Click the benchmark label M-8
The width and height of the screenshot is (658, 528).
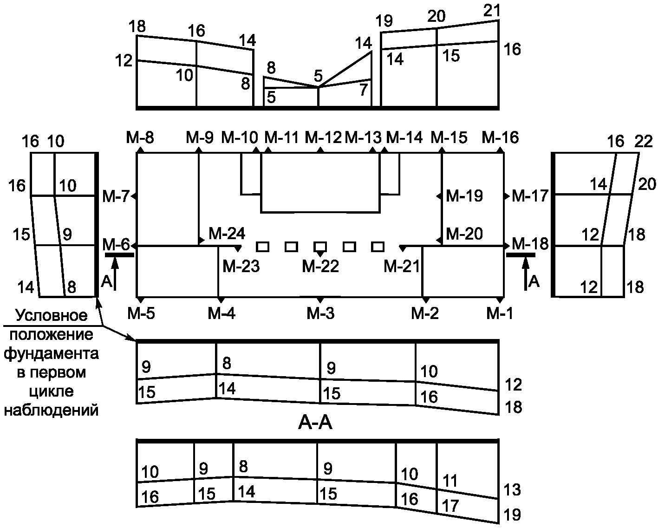[140, 138]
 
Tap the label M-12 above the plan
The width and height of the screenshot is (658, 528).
[323, 138]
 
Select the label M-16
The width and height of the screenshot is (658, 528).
[500, 138]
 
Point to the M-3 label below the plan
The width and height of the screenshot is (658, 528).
[321, 313]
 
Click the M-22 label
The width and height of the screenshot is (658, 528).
[320, 266]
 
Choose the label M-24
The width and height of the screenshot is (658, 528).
[227, 234]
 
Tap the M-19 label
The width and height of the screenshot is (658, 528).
[464, 196]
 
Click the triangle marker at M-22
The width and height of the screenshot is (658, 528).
[320, 254]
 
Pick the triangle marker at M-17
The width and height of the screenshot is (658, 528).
[507, 196]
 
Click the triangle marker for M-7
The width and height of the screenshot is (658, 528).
[134, 196]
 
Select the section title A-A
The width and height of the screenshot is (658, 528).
[315, 424]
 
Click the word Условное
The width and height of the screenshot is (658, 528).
[52, 315]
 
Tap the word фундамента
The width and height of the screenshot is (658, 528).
[51, 354]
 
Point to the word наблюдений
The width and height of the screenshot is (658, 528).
[51, 411]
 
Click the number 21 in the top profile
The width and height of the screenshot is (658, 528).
[492, 11]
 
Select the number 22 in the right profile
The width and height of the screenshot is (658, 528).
[644, 142]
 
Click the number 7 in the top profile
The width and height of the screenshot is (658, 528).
[363, 90]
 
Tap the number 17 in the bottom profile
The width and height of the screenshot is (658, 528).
[450, 506]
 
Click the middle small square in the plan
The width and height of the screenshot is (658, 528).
[320, 247]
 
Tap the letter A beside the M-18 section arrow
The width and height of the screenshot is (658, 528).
[534, 281]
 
